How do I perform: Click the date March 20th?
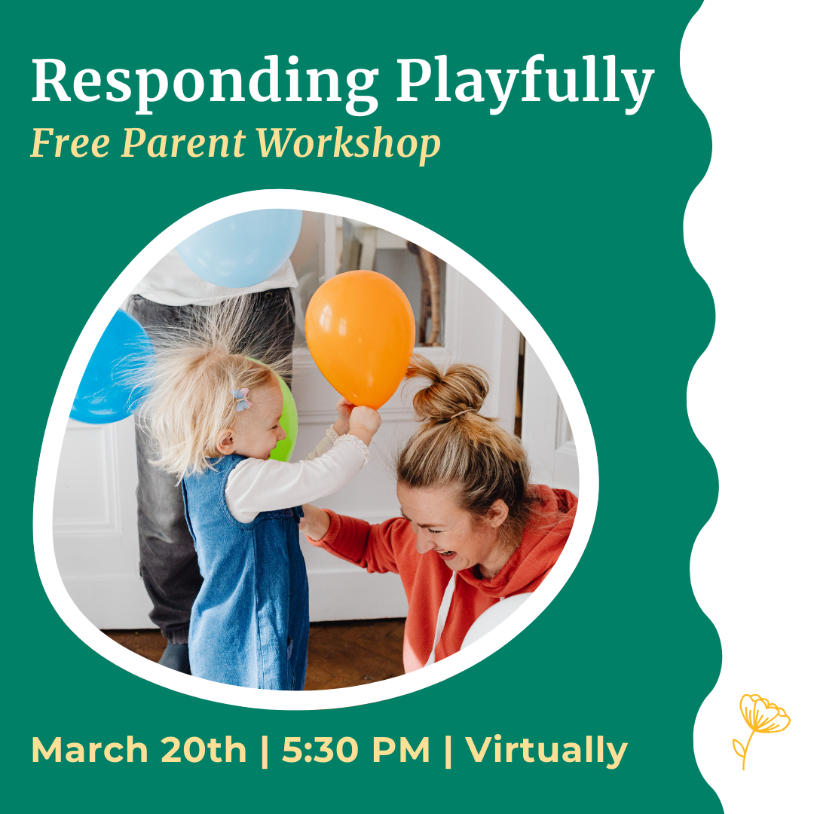(139, 750)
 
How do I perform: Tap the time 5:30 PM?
(356, 750)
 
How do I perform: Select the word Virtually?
(546, 750)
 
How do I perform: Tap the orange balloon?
(360, 335)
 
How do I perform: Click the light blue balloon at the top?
(240, 244)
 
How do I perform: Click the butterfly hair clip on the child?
(241, 399)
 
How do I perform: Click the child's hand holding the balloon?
(363, 422)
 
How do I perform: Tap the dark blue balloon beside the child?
(106, 369)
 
